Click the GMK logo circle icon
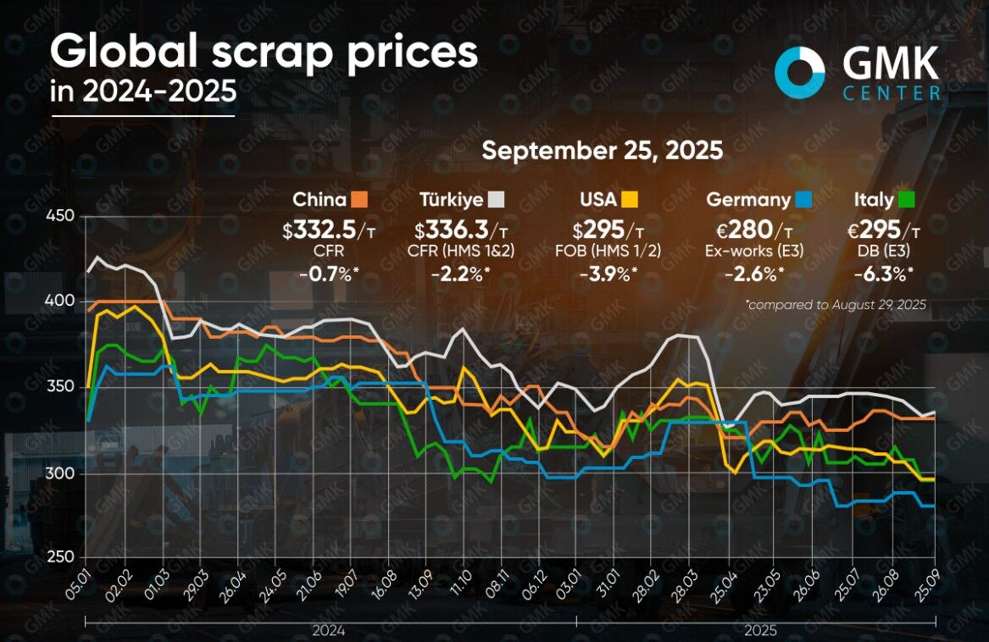point(800,68)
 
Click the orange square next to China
point(359,200)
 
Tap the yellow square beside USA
point(629,200)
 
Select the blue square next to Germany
point(804,200)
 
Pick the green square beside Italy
point(906,200)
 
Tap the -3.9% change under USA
point(608,273)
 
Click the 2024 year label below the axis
point(328,630)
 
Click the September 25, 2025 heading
point(602,151)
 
